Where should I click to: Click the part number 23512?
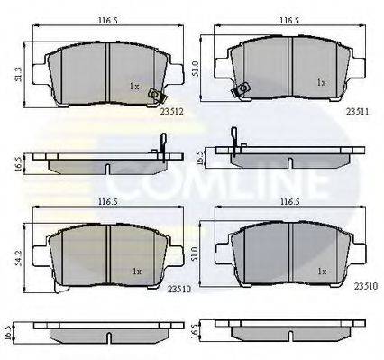tap(171, 112)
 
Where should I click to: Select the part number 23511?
tap(357, 112)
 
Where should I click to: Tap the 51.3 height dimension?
tap(19, 75)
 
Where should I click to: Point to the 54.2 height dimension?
tap(19, 257)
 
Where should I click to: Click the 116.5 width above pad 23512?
tap(107, 21)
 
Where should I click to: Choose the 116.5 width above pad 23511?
tap(289, 21)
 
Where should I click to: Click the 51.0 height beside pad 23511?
tap(196, 69)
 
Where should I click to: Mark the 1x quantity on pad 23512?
tap(134, 87)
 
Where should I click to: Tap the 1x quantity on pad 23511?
tap(322, 83)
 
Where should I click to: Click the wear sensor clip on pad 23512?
tap(157, 95)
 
